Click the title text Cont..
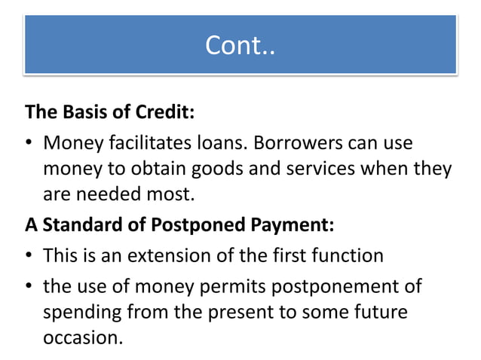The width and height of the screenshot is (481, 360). click(x=240, y=46)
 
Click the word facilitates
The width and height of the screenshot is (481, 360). click(x=138, y=142)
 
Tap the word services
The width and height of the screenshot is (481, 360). click(x=318, y=169)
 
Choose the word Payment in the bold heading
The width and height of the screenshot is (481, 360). click(x=290, y=224)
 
